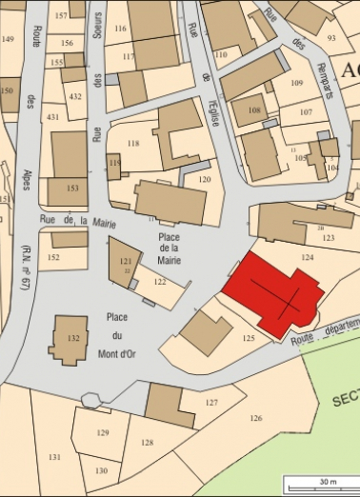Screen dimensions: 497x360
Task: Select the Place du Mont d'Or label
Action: pyautogui.click(x=118, y=335)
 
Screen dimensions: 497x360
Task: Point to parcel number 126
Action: pyautogui.click(x=255, y=418)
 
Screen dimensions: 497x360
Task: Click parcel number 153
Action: pyautogui.click(x=73, y=189)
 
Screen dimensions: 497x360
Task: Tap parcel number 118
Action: pyautogui.click(x=133, y=144)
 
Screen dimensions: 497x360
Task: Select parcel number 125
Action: pyautogui.click(x=249, y=338)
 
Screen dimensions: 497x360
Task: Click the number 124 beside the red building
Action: pyautogui.click(x=307, y=258)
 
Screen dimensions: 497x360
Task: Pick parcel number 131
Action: pyautogui.click(x=55, y=457)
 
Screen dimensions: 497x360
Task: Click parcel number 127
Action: pyautogui.click(x=211, y=402)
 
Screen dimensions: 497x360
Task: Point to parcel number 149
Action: pyautogui.click(x=9, y=39)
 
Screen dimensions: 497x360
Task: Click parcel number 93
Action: pyautogui.click(x=332, y=37)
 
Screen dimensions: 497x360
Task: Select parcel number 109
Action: pyautogui.click(x=296, y=84)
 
